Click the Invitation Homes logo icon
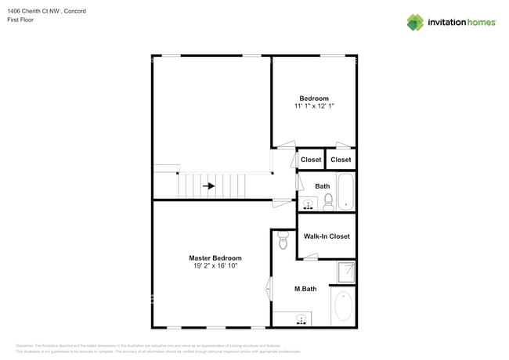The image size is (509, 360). (414, 22)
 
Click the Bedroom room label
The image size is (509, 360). (314, 99)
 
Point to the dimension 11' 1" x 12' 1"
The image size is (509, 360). (314, 106)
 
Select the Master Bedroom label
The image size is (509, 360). (215, 258)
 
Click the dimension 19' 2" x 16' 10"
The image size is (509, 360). (215, 266)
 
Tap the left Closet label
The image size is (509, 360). (311, 160)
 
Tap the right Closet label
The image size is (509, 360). (341, 160)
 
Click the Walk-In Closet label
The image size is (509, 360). (327, 236)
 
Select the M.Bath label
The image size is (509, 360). (305, 289)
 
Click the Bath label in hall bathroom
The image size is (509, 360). (322, 186)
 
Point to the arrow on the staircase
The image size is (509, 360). (208, 186)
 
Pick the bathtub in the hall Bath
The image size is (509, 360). (347, 192)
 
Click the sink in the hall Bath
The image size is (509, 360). (308, 205)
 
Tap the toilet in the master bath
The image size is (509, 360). (283, 239)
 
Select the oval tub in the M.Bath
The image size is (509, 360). (342, 307)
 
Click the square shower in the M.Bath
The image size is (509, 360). (345, 272)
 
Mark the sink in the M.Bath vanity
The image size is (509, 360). (301, 319)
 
